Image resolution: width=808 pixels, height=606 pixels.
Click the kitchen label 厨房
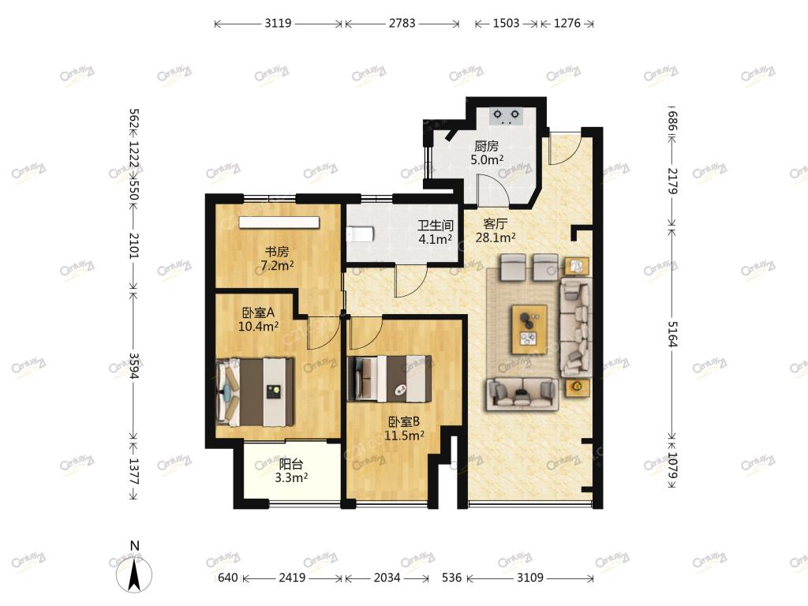(x=486, y=146)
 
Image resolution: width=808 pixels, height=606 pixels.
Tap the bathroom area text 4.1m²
(x=436, y=239)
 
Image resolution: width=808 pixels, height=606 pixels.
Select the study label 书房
(x=277, y=252)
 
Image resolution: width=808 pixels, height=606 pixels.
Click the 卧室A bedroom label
(x=258, y=312)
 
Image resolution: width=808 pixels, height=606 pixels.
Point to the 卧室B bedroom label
(x=404, y=422)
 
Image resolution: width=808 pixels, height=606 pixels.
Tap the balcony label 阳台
(x=290, y=464)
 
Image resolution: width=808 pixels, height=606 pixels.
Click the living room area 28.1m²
(x=496, y=238)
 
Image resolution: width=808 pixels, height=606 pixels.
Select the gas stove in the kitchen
(x=506, y=115)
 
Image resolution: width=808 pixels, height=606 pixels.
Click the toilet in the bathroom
(x=360, y=234)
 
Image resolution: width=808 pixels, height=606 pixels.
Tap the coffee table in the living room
(x=529, y=330)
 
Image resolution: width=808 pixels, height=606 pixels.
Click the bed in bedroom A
(x=255, y=392)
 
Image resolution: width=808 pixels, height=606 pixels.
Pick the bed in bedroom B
(x=389, y=379)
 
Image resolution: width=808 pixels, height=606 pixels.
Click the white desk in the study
(x=279, y=222)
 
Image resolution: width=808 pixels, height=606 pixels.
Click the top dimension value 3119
(x=279, y=23)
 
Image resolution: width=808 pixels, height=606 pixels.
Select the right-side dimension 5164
(x=672, y=334)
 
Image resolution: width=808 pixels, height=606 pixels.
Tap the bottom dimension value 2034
(x=387, y=578)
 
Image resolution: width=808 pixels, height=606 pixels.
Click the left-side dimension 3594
(x=134, y=365)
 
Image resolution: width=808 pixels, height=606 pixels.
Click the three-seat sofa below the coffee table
(x=522, y=395)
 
